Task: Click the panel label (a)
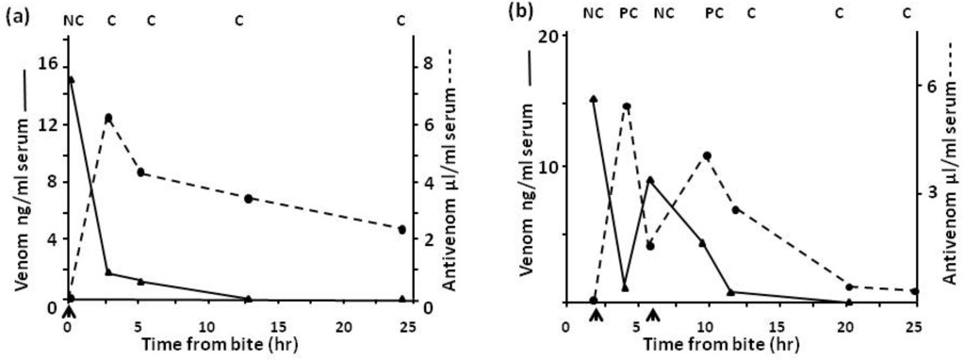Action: (x=15, y=14)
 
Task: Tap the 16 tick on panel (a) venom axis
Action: (x=49, y=64)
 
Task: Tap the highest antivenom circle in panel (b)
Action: (x=626, y=107)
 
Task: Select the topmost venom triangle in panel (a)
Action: (x=70, y=80)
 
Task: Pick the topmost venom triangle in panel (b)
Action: (x=593, y=98)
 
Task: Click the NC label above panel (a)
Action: (x=73, y=19)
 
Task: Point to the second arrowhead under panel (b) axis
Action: (x=651, y=311)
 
